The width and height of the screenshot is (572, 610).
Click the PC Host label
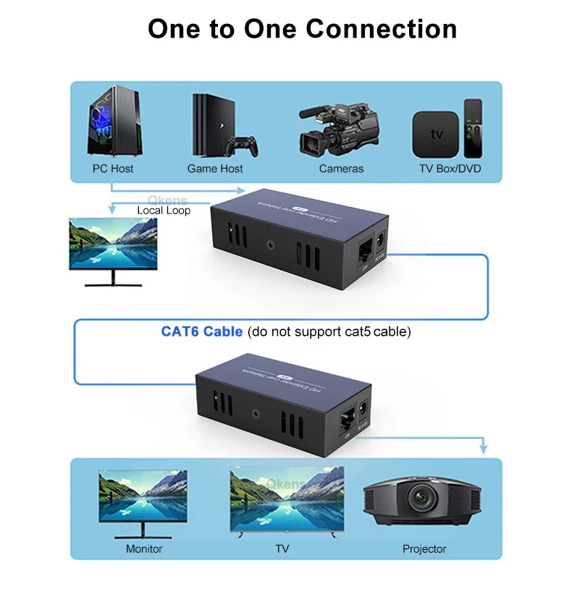pyautogui.click(x=113, y=169)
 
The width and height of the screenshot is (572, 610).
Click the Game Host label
pyautogui.click(x=215, y=169)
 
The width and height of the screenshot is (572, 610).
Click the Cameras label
pyautogui.click(x=341, y=169)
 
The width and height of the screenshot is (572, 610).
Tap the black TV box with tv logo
pyautogui.click(x=435, y=135)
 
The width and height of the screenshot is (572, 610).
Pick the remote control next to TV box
pyautogui.click(x=473, y=128)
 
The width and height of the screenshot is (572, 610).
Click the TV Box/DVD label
pyautogui.click(x=450, y=169)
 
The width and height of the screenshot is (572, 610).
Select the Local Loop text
pyautogui.click(x=164, y=210)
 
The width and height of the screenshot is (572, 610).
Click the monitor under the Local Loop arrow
pyautogui.click(x=113, y=244)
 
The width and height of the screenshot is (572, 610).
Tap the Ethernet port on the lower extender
pyautogui.click(x=347, y=420)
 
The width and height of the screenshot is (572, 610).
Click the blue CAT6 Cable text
pyautogui.click(x=201, y=332)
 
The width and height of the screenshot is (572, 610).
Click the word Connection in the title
pyautogui.click(x=381, y=29)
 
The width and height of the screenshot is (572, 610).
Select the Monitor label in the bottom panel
pyautogui.click(x=144, y=548)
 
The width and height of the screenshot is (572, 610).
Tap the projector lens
pyautogui.click(x=420, y=498)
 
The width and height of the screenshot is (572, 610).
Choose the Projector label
pyautogui.click(x=424, y=548)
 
